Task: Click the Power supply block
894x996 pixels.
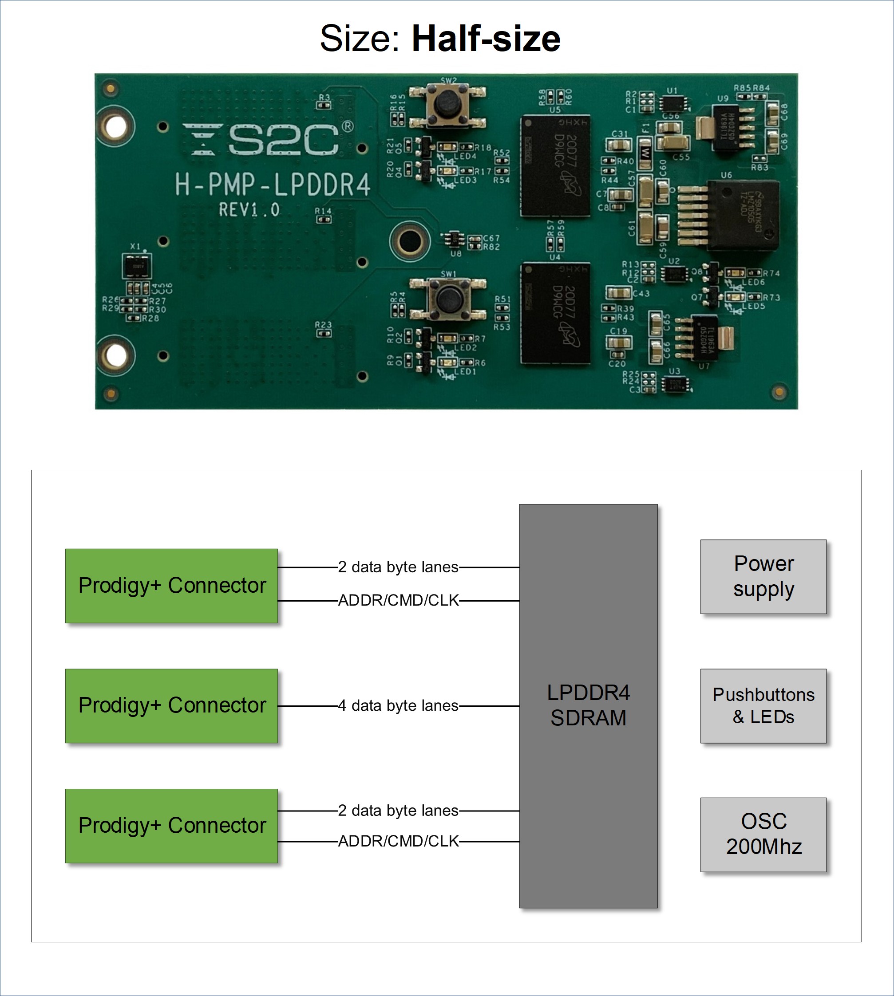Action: click(763, 576)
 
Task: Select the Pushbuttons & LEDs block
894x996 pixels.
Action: click(763, 705)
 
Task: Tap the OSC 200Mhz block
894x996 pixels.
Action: click(763, 834)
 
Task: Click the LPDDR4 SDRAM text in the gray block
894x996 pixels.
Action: click(588, 705)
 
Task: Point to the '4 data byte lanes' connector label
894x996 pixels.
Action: click(398, 705)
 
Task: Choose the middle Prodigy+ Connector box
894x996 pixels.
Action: click(171, 705)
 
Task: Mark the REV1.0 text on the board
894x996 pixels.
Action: click(249, 210)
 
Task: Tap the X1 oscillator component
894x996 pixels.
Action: click(136, 266)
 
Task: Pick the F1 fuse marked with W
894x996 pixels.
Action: click(645, 152)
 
